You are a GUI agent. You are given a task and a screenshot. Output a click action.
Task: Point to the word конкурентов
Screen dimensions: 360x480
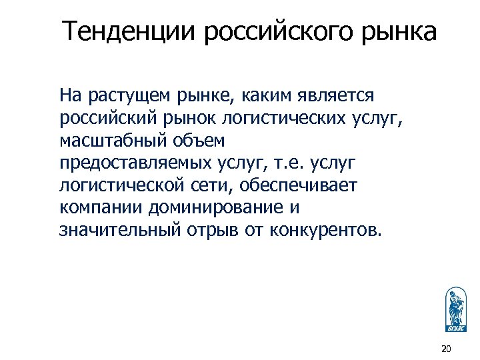[x=326, y=231]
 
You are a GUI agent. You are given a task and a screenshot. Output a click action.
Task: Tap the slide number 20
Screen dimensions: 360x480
[x=446, y=349]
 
